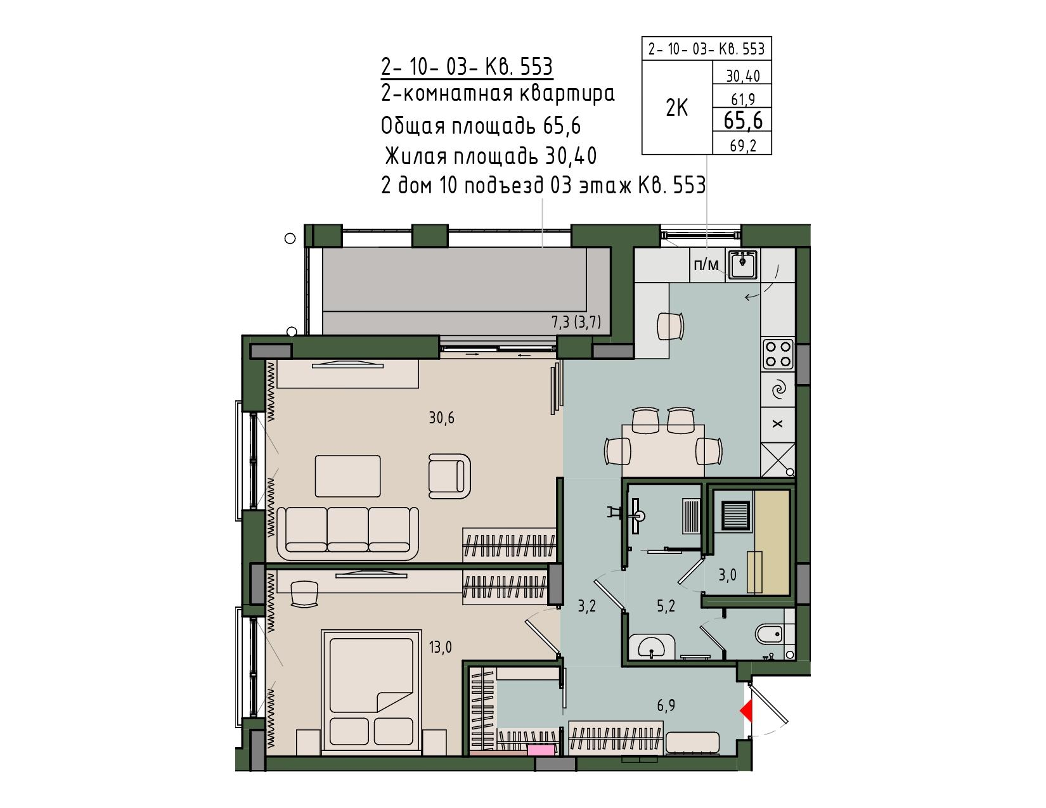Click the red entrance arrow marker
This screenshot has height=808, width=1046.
pos(747,712)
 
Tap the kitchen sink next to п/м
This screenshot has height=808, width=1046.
pos(743,264)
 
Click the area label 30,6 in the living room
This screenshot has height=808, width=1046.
pos(441,418)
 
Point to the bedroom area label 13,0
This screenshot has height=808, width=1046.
pos(441,647)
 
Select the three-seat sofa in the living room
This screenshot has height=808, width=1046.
pos(348,533)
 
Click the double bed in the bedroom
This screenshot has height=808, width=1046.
pos(371,691)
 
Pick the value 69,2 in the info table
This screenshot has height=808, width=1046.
pos(743,145)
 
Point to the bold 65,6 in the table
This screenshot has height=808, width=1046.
pos(743,120)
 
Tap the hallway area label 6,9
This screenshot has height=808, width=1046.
pos(666,705)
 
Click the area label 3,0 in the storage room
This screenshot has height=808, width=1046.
pos(727,575)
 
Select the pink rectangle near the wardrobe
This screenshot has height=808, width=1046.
pos(541,750)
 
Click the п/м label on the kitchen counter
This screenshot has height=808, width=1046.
pos(706,264)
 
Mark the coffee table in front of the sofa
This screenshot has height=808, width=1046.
pos(347,476)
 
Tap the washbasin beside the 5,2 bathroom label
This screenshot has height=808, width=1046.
pos(651,646)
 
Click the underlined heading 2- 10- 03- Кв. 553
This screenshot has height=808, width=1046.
pos(467,67)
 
